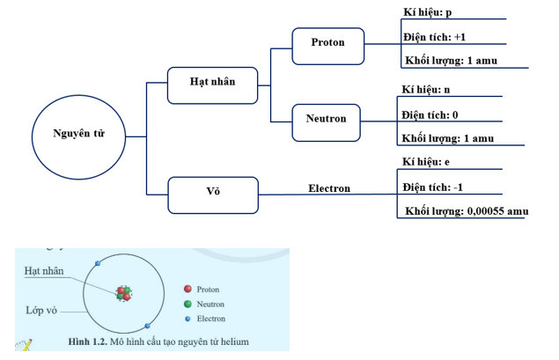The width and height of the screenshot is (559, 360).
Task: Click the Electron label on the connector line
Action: (x=329, y=188)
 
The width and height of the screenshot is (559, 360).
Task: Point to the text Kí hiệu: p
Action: (x=428, y=12)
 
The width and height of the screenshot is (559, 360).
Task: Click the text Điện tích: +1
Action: (x=434, y=37)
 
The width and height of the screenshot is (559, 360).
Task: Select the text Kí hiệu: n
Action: (x=426, y=90)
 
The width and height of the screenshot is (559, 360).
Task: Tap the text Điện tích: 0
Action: (x=430, y=114)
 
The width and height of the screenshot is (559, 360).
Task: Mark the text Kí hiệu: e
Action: (x=426, y=162)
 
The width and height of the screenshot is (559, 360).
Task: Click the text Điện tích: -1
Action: (x=432, y=187)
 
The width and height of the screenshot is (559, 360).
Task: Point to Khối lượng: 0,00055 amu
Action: (x=467, y=211)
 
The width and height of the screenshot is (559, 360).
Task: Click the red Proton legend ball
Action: (x=188, y=289)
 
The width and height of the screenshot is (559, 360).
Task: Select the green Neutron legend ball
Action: (x=188, y=304)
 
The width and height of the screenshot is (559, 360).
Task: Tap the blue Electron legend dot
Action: (x=188, y=319)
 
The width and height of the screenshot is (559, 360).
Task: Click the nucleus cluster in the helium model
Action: (x=124, y=293)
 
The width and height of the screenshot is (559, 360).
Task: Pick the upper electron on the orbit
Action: (x=98, y=263)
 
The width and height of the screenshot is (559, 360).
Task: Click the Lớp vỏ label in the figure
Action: (x=41, y=311)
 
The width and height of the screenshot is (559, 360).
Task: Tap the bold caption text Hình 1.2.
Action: (x=88, y=342)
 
